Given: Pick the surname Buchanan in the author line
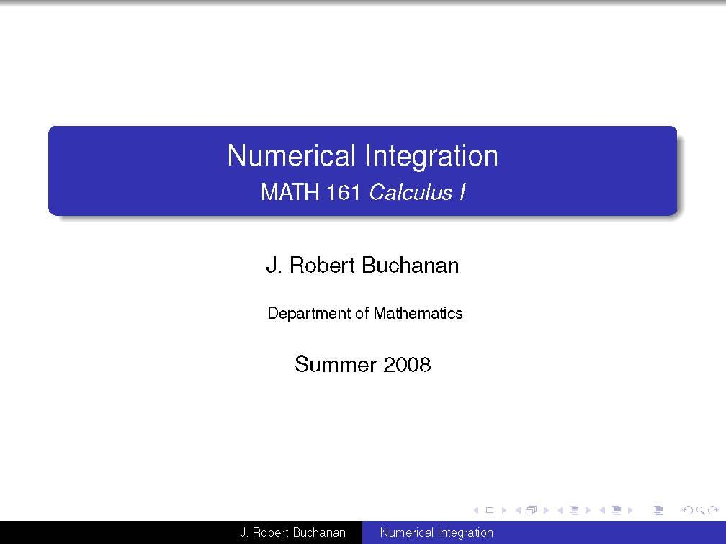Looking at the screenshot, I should coord(410,266).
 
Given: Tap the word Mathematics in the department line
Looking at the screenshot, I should coord(418,314).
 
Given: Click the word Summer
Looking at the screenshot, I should coord(336,365).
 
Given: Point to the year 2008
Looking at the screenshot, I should coord(407,365).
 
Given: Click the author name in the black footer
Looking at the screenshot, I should coord(292,533).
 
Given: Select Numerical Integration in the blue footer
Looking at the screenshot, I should coord(436,533).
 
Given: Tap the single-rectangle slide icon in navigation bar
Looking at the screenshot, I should coord(490,511).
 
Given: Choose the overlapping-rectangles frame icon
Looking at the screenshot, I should coord(532,511).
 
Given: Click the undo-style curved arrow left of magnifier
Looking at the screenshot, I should coord(686,511).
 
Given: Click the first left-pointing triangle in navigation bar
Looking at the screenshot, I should coord(476,511).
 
